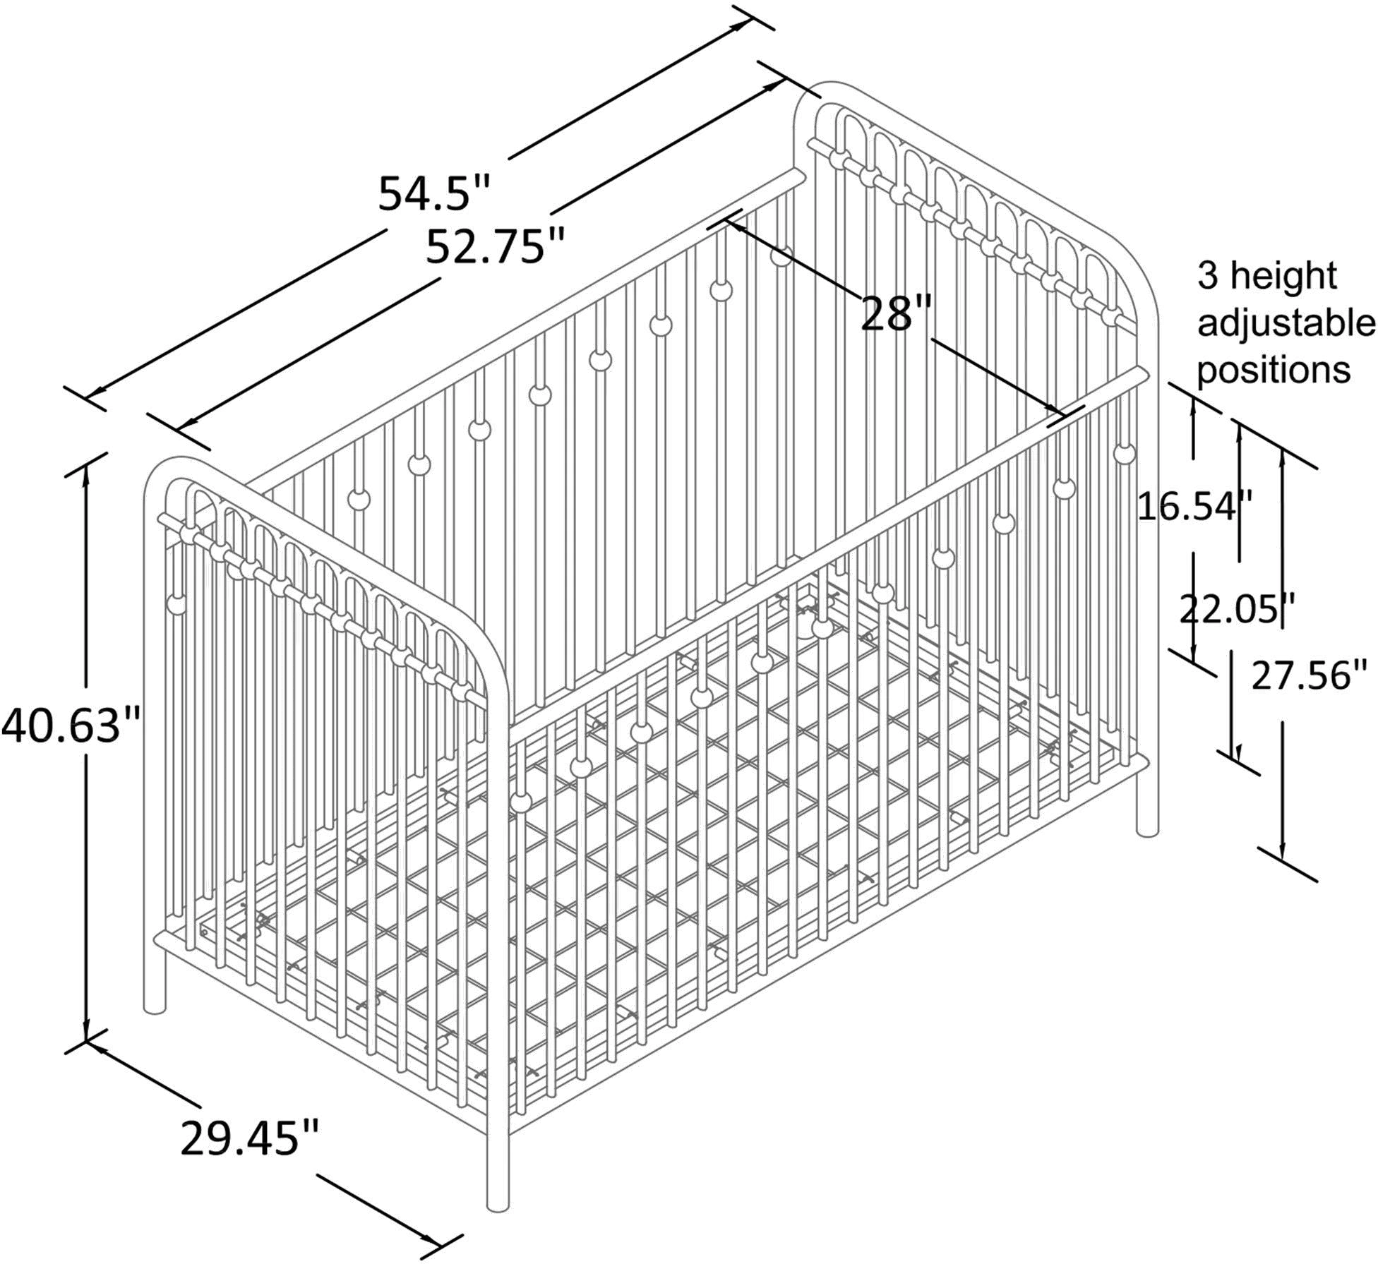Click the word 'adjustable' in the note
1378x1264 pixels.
(1286, 324)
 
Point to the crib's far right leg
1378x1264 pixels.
(1148, 797)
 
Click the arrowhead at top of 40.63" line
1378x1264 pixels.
(86, 477)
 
